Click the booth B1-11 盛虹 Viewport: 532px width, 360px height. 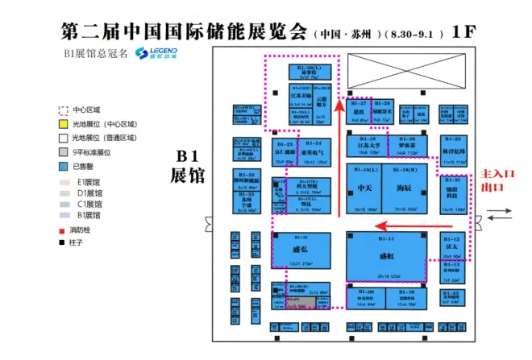click(x=386, y=256)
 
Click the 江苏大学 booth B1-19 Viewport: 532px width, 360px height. click(x=369, y=145)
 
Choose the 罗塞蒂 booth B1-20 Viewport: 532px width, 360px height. click(x=407, y=145)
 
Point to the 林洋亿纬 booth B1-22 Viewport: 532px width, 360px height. click(x=454, y=150)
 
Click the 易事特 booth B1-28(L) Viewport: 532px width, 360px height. click(x=307, y=72)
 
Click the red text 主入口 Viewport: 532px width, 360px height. click(x=493, y=174)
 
